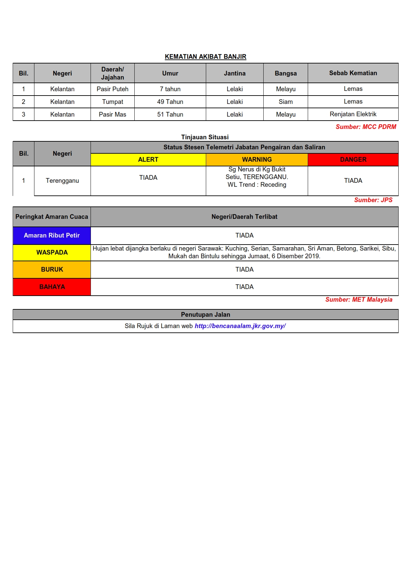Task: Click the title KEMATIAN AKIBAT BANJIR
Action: click(x=205, y=57)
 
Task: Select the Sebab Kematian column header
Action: click(x=353, y=73)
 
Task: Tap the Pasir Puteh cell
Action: click(x=112, y=89)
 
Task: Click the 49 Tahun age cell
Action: click(x=170, y=102)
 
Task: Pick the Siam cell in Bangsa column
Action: click(x=285, y=102)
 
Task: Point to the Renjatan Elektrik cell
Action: click(x=353, y=114)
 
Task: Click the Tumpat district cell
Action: click(x=112, y=102)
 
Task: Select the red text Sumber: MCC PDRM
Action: click(x=366, y=127)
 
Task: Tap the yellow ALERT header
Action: click(x=148, y=160)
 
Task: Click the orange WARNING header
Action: click(x=257, y=160)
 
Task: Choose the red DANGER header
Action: click(x=353, y=160)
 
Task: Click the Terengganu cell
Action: click(x=62, y=181)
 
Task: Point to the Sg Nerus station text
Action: click(x=257, y=177)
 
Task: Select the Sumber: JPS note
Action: click(x=373, y=200)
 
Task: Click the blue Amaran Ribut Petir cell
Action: click(x=52, y=236)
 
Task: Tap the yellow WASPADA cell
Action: click(x=52, y=253)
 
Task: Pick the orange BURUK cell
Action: click(x=52, y=270)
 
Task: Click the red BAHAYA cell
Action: click(x=52, y=287)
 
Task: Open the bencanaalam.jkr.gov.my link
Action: click(x=240, y=326)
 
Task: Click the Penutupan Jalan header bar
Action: click(x=205, y=315)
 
